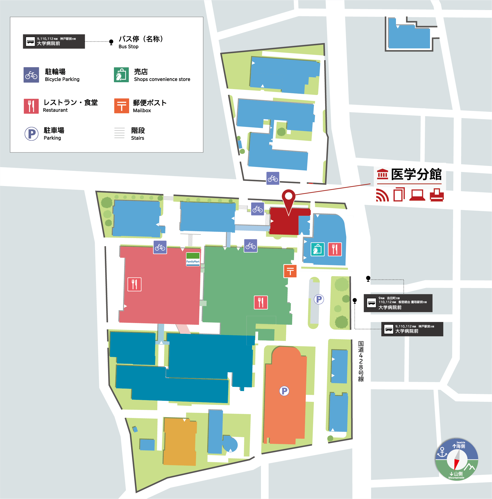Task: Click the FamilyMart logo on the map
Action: tap(193, 259)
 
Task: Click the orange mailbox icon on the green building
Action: tap(290, 271)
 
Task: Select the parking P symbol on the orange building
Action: tap(284, 391)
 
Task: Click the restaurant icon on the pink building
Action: tap(134, 284)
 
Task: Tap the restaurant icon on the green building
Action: tap(261, 302)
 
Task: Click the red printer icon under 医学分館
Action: tap(436, 195)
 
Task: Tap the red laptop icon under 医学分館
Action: tap(417, 195)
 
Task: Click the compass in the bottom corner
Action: tap(456, 459)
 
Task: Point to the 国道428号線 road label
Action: tap(360, 361)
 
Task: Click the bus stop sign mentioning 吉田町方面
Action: tap(398, 303)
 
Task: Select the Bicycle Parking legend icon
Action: tap(31, 75)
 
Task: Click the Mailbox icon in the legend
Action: tap(122, 106)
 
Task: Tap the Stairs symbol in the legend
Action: tap(119, 133)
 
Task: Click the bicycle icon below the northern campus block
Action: tap(272, 178)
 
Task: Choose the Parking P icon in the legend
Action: tap(31, 134)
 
